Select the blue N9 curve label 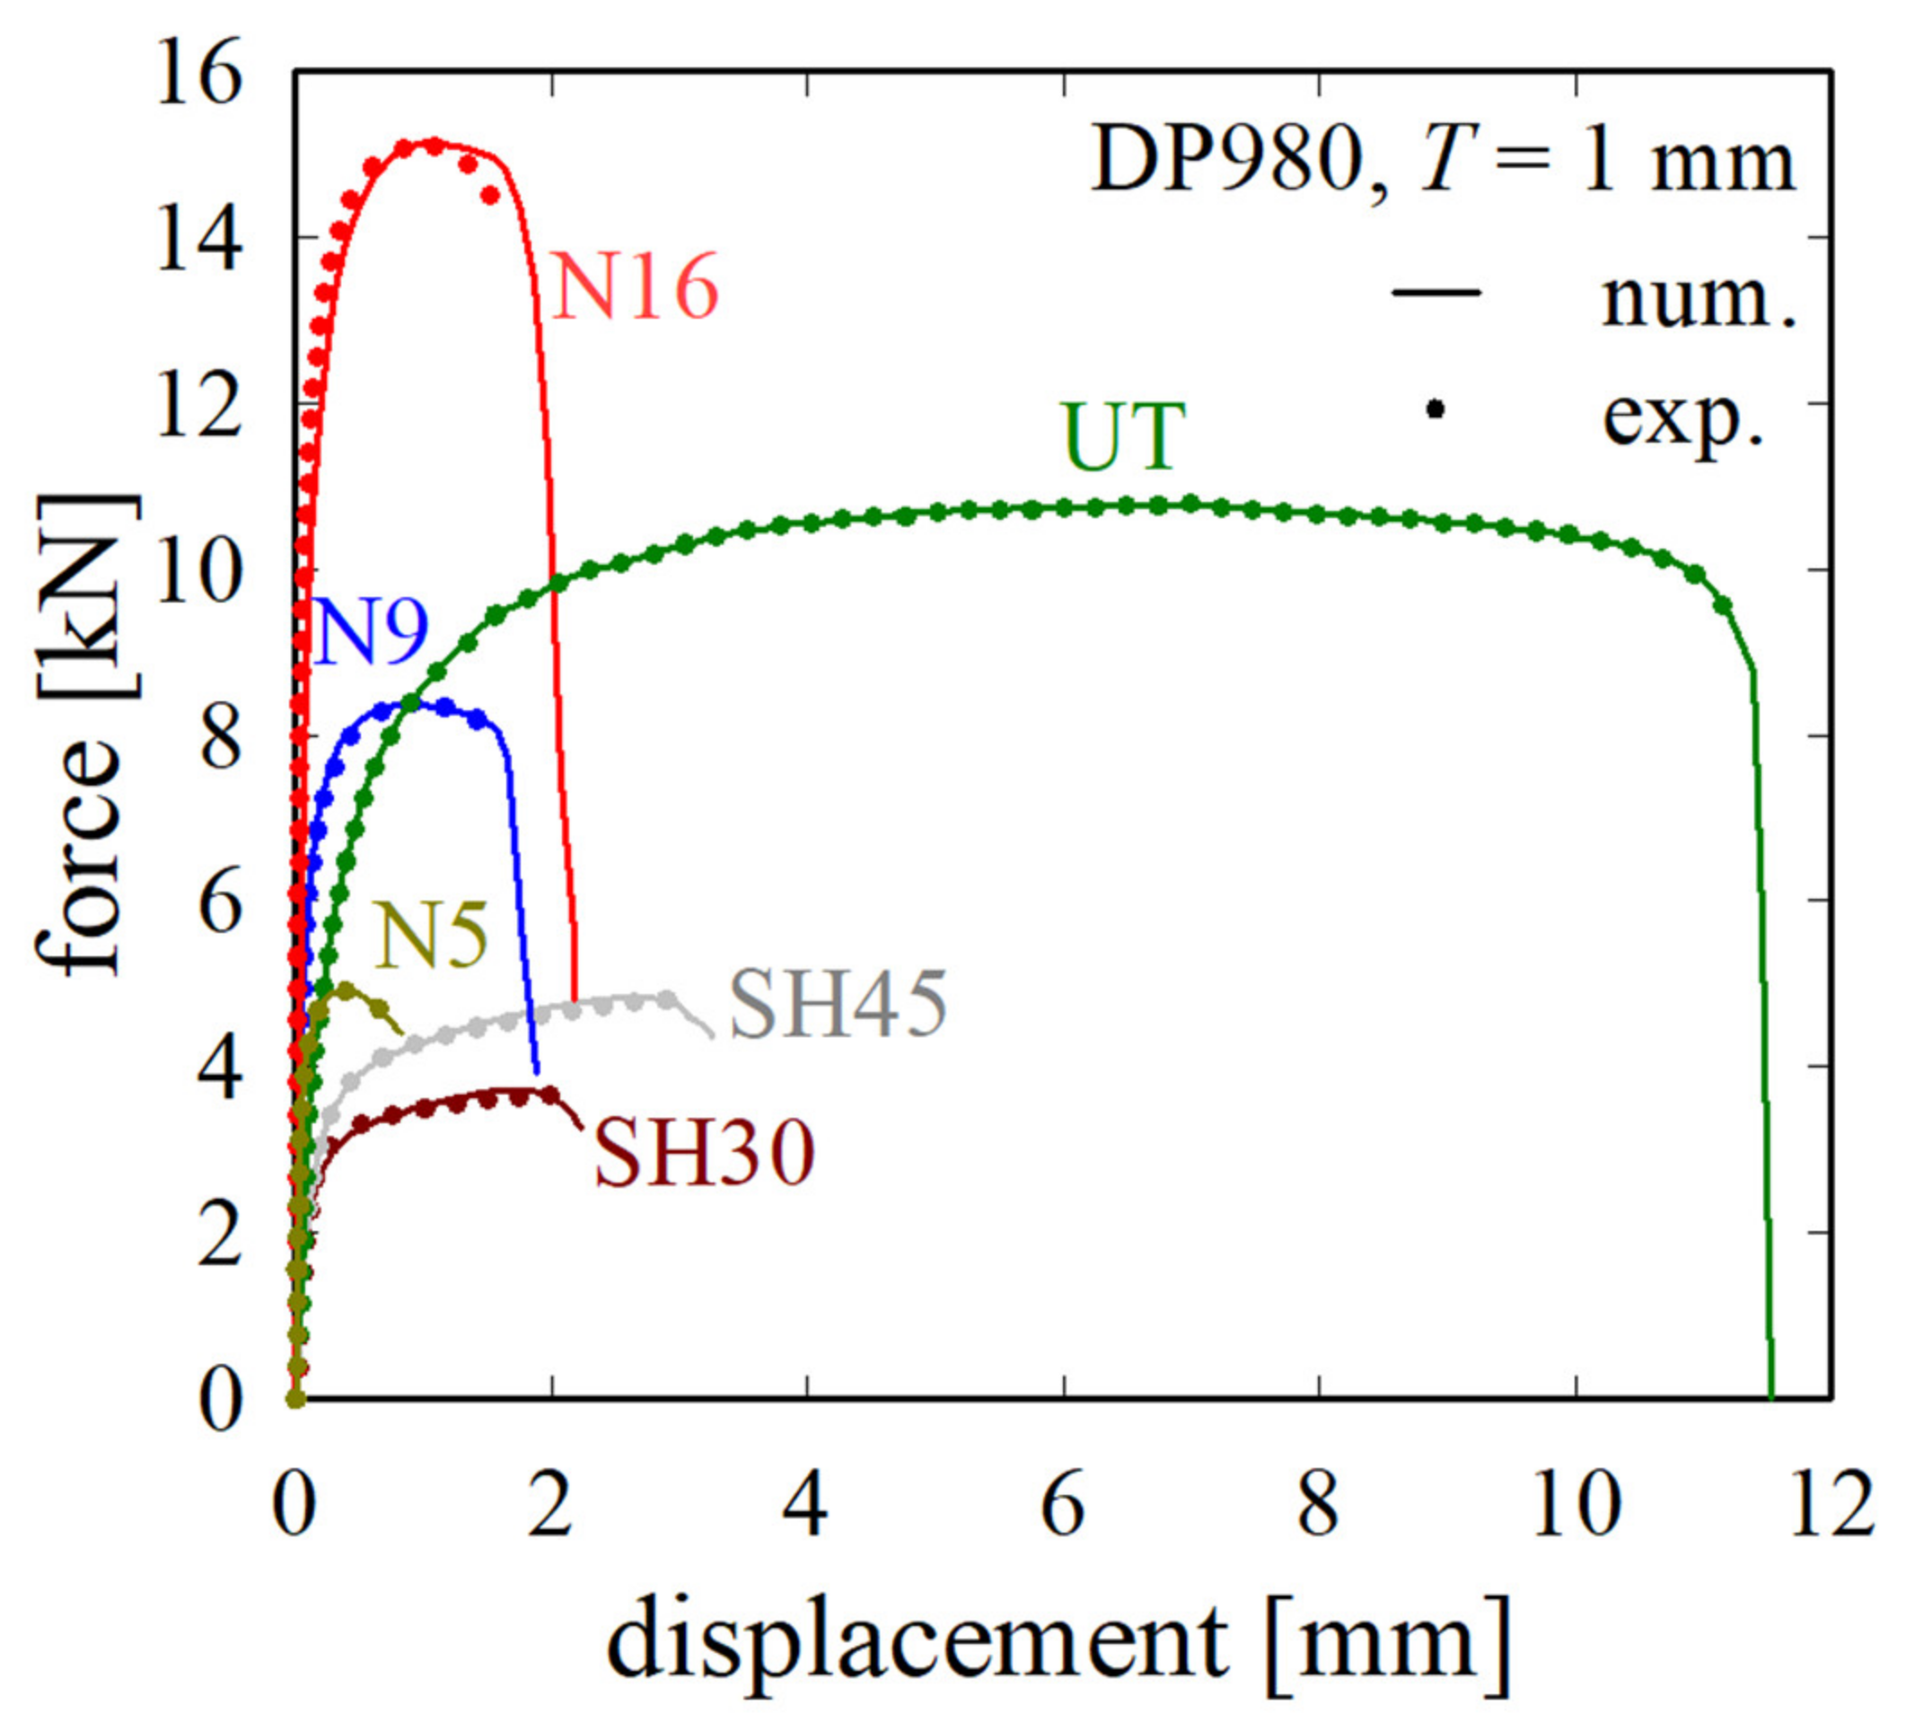(x=369, y=633)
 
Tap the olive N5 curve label (x=431, y=936)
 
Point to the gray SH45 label (x=839, y=1006)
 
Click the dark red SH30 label (x=704, y=1154)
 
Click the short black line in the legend (x=1436, y=292)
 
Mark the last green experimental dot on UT (x=1722, y=605)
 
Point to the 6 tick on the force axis (x=219, y=905)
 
